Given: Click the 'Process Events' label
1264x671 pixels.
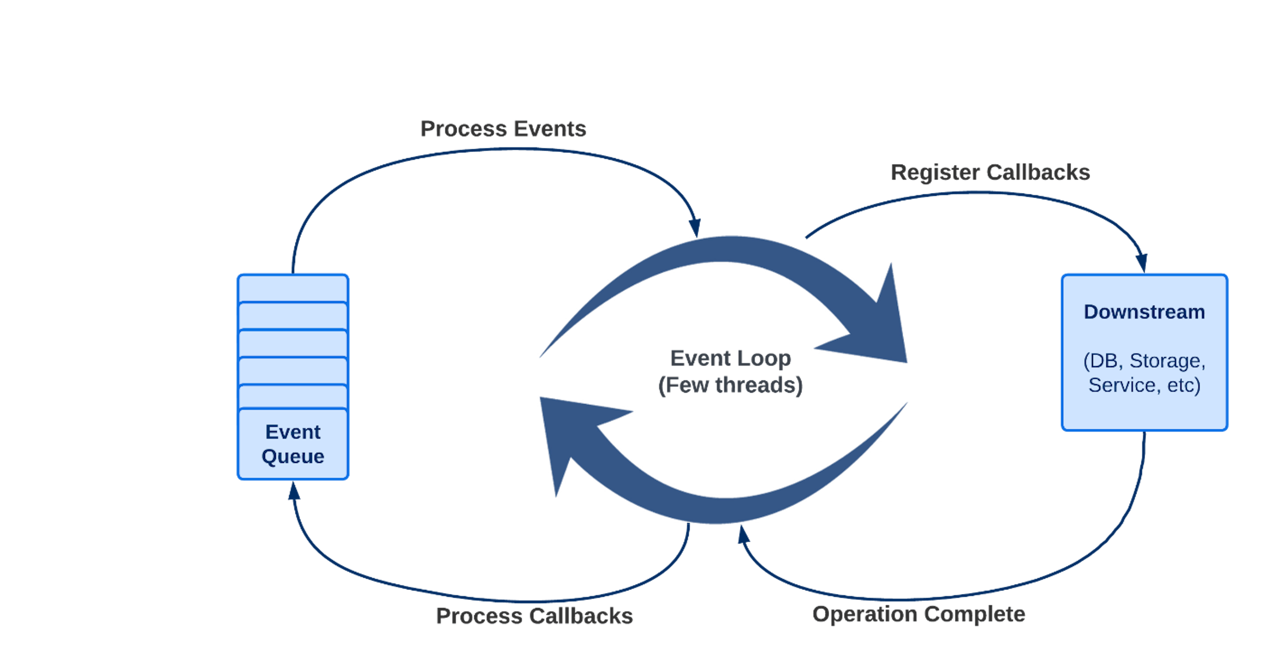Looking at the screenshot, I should (503, 129).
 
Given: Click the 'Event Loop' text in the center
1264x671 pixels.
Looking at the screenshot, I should (730, 358).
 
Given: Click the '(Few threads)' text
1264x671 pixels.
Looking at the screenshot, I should (730, 385).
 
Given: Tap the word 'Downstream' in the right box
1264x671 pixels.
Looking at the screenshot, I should (1144, 312).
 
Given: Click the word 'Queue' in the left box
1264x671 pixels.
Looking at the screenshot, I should (293, 456).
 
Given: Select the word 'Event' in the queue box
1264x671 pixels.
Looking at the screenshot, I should (293, 432).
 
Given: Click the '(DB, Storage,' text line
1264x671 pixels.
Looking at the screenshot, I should (1144, 361).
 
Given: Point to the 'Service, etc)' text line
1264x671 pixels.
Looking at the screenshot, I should (1144, 385).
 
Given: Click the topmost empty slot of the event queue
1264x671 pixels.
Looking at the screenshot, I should (293, 289).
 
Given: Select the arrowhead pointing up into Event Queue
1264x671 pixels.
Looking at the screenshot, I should (293, 491).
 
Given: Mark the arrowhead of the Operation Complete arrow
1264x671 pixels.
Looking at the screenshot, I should (743, 534).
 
